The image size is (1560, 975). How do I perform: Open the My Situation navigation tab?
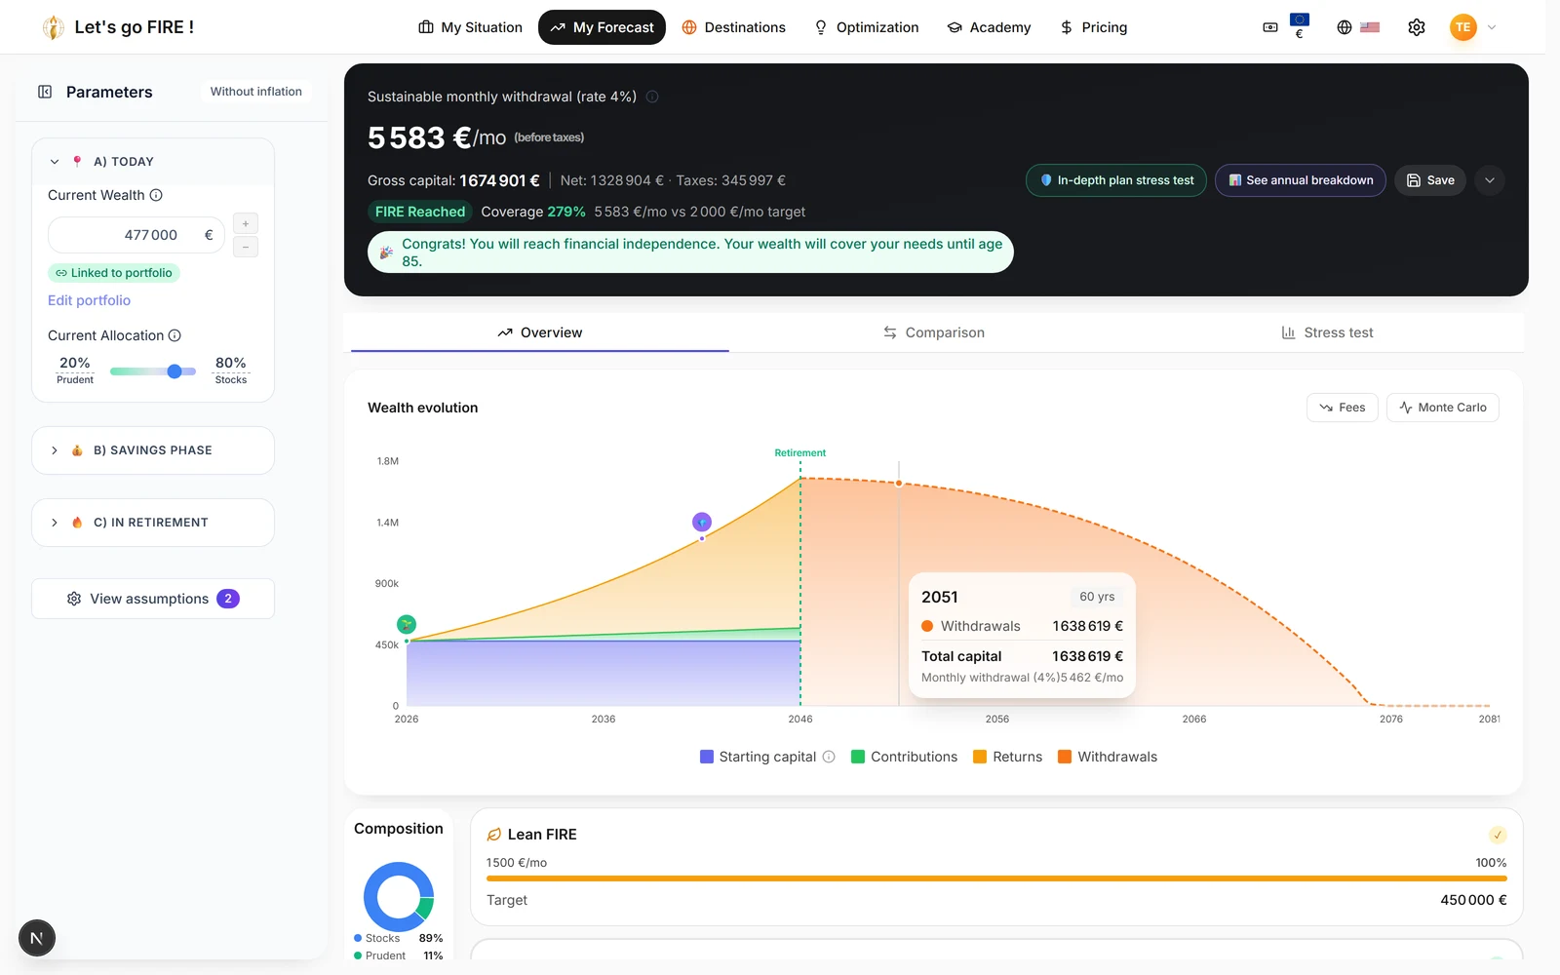(470, 27)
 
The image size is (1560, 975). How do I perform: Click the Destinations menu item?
(733, 27)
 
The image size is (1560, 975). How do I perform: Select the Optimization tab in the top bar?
(867, 27)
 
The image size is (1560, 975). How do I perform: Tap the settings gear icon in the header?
(1416, 27)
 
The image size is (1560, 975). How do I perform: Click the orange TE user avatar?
(1462, 27)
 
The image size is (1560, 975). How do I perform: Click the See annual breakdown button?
(1301, 180)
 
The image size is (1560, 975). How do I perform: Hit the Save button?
(1429, 180)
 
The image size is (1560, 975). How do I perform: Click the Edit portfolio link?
(89, 300)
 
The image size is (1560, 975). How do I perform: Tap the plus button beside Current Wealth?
(245, 223)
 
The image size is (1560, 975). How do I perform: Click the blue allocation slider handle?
(175, 371)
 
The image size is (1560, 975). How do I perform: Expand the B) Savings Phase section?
(152, 450)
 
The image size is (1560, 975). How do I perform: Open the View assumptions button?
(152, 599)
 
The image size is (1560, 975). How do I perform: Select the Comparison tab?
(934, 332)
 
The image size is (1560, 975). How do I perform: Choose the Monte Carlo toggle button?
(1442, 408)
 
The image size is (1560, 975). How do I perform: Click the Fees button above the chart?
(1342, 408)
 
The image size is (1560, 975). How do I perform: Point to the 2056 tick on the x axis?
(996, 719)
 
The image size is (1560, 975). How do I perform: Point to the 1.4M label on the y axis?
(387, 523)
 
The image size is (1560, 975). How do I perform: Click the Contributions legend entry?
(904, 757)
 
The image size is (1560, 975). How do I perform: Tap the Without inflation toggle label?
(255, 92)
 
